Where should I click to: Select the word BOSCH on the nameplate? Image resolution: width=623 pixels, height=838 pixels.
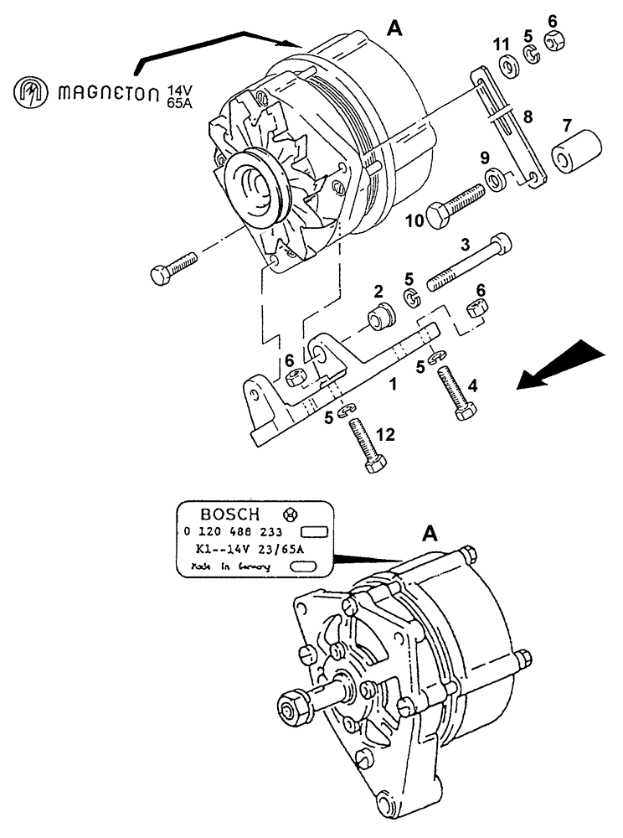pyautogui.click(x=230, y=514)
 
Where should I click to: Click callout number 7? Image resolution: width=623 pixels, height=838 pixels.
pyautogui.click(x=566, y=126)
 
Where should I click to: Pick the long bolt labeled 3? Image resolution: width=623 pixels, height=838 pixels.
pyautogui.click(x=469, y=266)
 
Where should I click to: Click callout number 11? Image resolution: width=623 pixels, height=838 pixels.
pyautogui.click(x=500, y=44)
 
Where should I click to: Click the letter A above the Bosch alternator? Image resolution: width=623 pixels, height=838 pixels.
pyautogui.click(x=430, y=533)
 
